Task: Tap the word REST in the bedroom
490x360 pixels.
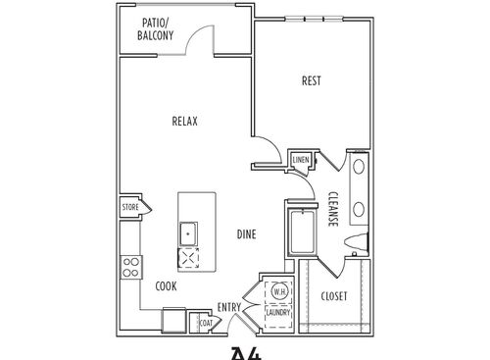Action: coord(312,80)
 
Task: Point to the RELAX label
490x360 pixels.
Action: coord(185,122)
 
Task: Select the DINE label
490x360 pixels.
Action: coord(247,233)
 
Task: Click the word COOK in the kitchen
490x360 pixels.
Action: coord(167,286)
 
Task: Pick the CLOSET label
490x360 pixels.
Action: coord(334,295)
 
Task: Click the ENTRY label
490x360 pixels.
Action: coord(228,307)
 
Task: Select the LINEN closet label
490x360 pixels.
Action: coord(301,159)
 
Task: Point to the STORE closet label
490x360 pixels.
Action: coord(129,208)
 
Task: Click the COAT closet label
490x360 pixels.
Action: coord(206,322)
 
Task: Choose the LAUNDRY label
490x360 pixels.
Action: coord(278,313)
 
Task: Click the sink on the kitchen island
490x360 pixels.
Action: coord(188,234)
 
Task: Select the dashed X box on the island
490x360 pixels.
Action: coord(188,259)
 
